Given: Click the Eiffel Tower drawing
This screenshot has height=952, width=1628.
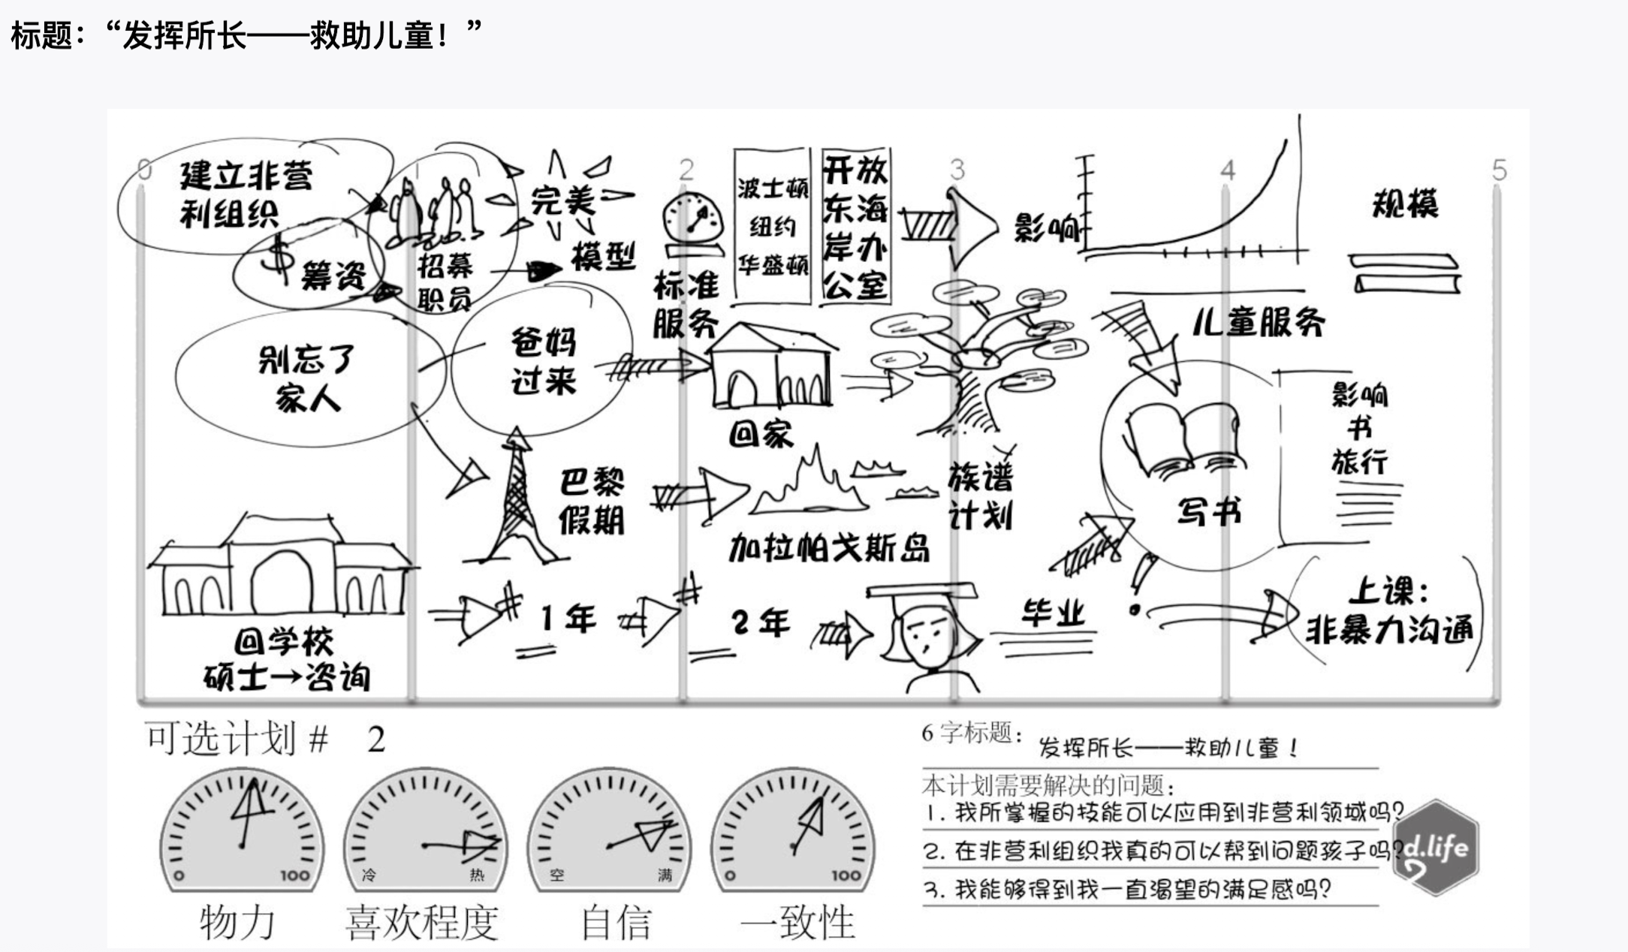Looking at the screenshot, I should (517, 499).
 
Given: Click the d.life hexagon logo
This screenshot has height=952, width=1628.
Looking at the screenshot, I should (1437, 848).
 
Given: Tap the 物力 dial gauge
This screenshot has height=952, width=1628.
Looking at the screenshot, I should (242, 830).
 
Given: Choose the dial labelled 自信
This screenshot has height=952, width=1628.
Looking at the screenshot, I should (609, 830).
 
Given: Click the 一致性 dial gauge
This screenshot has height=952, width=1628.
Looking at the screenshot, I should (793, 830).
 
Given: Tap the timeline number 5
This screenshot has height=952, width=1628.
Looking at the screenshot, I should (1499, 170).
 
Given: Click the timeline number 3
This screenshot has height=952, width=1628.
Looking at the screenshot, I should (957, 170).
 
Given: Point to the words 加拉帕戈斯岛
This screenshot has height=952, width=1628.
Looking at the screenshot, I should (829, 549).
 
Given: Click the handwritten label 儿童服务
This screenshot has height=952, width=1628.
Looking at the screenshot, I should (1259, 322).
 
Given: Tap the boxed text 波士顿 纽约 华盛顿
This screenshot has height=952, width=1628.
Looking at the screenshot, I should (772, 226).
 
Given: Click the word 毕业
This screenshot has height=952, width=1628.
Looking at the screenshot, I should (1053, 613).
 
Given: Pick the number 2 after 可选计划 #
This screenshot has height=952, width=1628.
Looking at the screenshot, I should (376, 740).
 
